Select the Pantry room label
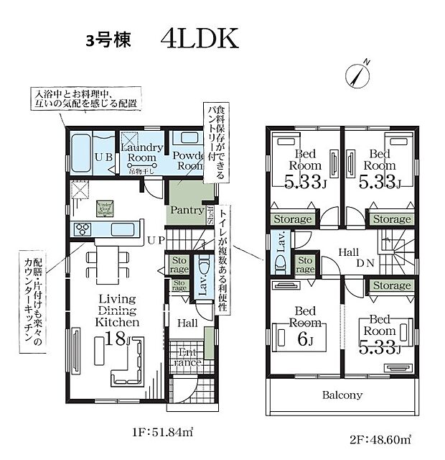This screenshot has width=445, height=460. coord(186,210)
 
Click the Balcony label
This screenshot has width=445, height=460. coord(342,395)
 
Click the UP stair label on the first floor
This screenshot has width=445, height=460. coord(156,239)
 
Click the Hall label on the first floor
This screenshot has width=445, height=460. coord(187,323)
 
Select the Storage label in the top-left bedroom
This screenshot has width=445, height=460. coord(292,219)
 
